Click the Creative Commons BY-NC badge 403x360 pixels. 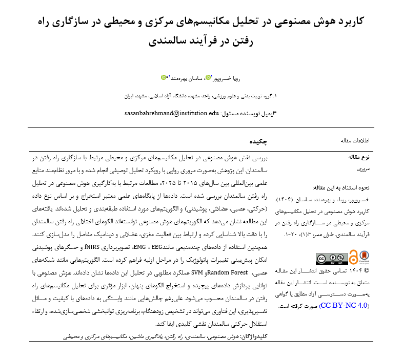tap(331, 259)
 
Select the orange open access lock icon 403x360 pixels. tap(353, 258)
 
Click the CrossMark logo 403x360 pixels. tap(364, 257)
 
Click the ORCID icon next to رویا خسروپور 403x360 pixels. tap(208, 78)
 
